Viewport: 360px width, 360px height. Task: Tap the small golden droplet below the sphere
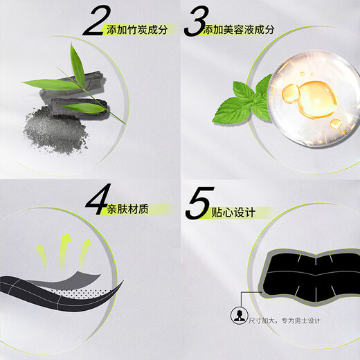coord(336,123)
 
